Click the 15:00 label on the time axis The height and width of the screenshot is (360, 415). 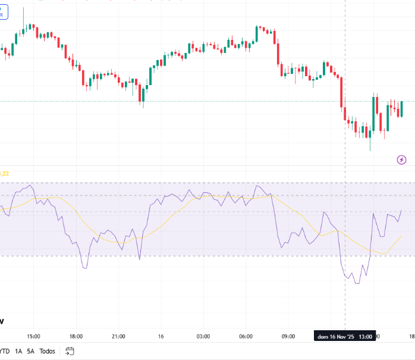point(33,336)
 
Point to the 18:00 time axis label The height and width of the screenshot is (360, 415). point(76,336)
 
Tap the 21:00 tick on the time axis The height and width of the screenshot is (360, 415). point(118,336)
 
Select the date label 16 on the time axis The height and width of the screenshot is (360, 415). point(161,336)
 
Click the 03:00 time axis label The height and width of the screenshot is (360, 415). point(203,336)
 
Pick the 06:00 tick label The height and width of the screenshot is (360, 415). point(246,336)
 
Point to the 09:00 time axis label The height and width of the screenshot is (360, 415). point(288,336)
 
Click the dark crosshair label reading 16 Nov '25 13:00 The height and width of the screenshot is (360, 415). point(345,337)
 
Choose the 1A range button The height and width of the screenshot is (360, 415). point(18,351)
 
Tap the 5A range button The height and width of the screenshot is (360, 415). point(31,351)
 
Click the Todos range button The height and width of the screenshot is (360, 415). point(48,351)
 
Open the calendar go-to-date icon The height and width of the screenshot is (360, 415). point(70,351)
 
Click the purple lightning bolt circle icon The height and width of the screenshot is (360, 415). point(402,159)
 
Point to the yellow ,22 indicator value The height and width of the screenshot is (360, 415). point(4,174)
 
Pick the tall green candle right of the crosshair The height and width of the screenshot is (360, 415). point(374,113)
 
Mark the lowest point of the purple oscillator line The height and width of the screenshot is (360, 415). point(357,283)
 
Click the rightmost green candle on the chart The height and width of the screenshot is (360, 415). point(402,109)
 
